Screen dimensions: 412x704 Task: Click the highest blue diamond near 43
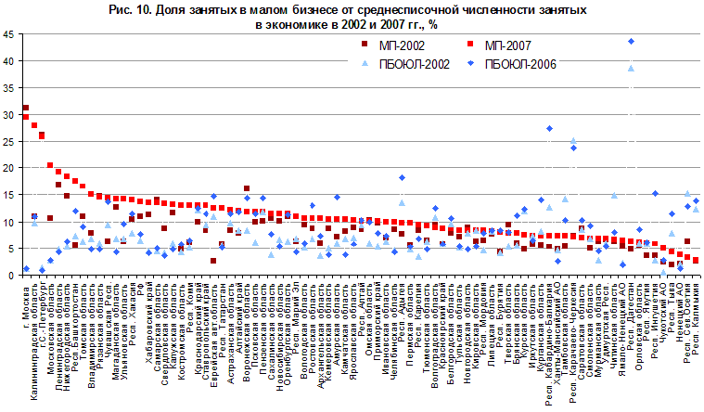631,42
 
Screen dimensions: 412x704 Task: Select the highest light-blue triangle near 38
631,68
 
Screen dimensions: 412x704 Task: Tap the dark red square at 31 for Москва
25,109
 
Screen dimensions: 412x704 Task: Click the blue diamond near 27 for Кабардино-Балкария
549,129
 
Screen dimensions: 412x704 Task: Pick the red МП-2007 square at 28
34,125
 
